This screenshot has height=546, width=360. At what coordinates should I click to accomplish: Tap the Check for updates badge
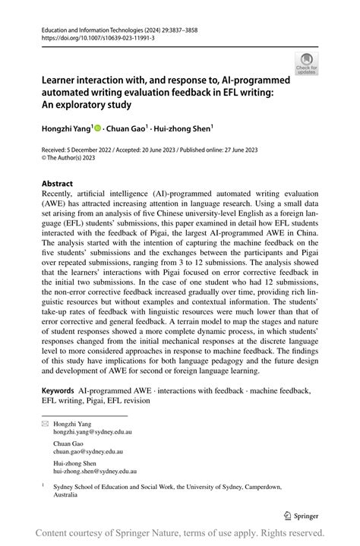(307, 63)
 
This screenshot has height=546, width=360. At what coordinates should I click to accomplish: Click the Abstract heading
(57, 184)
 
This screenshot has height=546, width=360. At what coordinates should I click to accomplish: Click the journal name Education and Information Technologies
(103, 27)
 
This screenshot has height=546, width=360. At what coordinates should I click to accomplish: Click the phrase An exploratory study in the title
(89, 105)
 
